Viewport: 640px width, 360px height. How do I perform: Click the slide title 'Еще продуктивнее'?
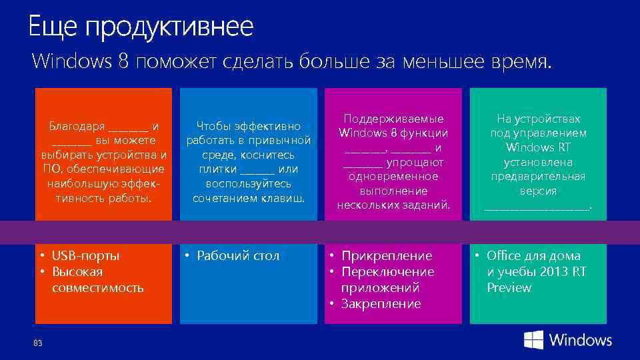[141, 27]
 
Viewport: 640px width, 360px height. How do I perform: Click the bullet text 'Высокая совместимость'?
[97, 280]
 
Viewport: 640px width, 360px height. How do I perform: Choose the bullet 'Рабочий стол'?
[238, 256]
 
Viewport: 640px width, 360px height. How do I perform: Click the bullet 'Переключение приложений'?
[387, 280]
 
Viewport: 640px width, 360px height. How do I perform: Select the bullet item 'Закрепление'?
[381, 304]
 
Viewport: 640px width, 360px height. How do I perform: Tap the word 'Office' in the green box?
[505, 256]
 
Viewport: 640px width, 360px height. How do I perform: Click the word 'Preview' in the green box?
[509, 288]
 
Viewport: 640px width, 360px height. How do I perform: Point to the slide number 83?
[37, 343]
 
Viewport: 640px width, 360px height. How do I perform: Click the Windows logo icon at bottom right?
[533, 340]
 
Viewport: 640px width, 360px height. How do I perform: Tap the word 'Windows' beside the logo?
[580, 340]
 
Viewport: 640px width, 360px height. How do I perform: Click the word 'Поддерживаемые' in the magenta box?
[393, 119]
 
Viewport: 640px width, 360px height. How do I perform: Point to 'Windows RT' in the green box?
[538, 147]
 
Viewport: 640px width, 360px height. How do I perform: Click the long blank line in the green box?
[537, 208]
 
